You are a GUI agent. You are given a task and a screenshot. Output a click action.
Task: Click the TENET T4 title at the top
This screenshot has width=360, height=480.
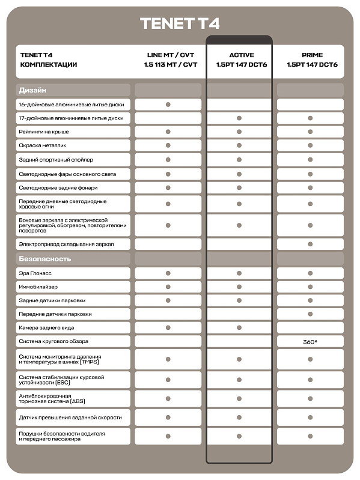180,23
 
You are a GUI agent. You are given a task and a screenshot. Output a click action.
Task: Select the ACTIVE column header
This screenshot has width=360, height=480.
239,59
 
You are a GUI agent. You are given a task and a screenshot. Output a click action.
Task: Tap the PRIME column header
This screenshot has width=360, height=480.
311,59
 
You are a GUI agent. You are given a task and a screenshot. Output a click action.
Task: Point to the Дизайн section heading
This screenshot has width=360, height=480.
32,91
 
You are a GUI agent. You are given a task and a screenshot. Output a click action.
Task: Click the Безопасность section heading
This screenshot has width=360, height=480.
45,259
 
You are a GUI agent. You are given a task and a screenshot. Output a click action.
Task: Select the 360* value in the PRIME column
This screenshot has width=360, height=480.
311,342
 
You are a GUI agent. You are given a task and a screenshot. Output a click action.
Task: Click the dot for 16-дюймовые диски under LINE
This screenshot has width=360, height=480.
168,105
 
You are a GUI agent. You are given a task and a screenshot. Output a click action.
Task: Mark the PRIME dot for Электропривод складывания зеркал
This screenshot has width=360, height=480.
311,245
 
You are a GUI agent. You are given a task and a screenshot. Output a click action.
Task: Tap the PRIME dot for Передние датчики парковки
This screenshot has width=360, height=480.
311,314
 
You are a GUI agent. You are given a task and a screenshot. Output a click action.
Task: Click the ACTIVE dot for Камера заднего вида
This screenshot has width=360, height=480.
239,328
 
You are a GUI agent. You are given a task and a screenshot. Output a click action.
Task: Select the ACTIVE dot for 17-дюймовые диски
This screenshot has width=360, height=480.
239,118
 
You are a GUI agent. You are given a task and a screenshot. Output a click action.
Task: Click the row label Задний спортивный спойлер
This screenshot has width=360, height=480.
56,160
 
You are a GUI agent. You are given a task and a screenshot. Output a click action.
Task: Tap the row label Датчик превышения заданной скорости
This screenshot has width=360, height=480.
70,418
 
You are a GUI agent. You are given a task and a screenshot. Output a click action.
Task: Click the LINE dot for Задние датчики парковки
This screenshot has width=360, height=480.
168,300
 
